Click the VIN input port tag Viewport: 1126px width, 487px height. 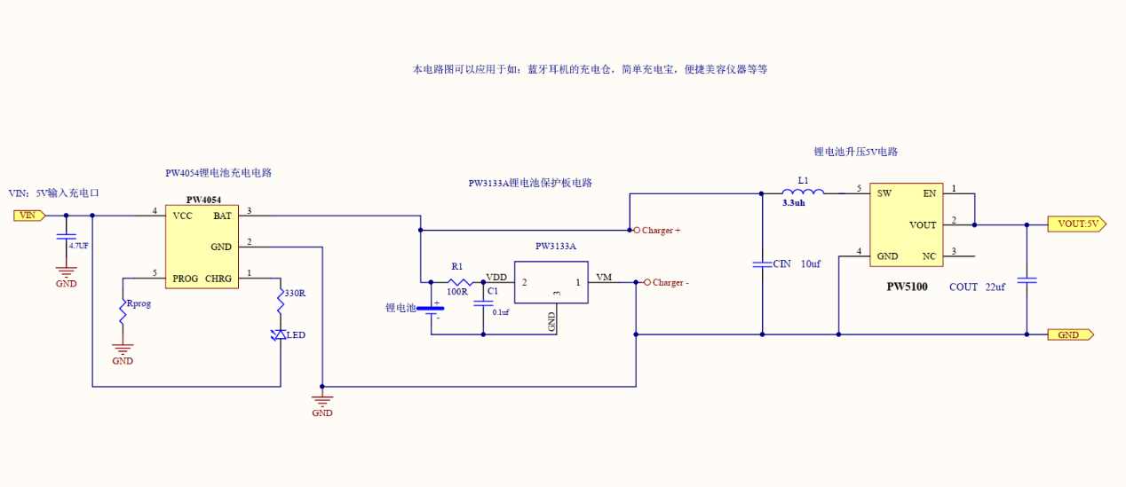click(29, 216)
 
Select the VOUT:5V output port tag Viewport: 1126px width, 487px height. click(1077, 224)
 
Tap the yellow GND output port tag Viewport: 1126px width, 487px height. click(1070, 335)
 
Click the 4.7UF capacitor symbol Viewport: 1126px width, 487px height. click(66, 237)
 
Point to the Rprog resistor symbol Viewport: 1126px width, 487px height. click(123, 311)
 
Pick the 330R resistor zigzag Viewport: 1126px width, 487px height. click(281, 300)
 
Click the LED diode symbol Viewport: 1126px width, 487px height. click(279, 334)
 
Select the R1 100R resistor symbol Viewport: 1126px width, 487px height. click(460, 282)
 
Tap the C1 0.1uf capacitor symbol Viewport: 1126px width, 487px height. click(484, 302)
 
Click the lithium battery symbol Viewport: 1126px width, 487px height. click(431, 310)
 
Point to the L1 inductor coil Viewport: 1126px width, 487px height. click(803, 191)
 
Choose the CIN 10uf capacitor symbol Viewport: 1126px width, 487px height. click(762, 264)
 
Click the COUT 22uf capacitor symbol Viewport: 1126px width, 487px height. click(1027, 280)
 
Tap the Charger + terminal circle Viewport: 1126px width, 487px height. click(637, 230)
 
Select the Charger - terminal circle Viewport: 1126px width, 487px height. click(647, 282)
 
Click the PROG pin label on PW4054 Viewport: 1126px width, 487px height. click(185, 279)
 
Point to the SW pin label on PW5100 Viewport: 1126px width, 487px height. click(884, 193)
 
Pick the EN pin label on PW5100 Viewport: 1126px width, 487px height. click(930, 193)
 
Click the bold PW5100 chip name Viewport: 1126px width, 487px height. click(907, 287)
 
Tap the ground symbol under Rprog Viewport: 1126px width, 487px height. click(123, 350)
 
